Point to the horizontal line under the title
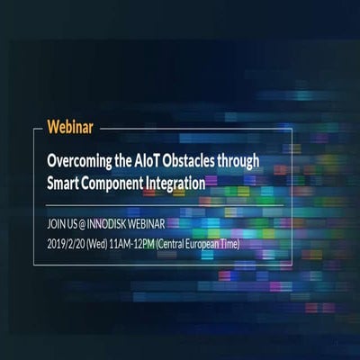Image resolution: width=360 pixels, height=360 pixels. tap(162, 204)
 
